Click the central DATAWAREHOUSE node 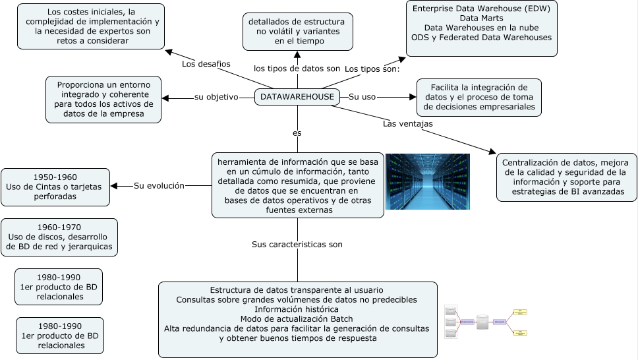pos(297,97)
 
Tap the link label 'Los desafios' pos(206,64)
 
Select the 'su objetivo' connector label pos(216,97)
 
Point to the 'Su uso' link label pos(362,97)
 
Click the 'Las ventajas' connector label pos(407,123)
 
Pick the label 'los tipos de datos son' pos(297,69)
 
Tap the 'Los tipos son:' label pos(372,69)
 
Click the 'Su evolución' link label pos(159,185)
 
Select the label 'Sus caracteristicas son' pos(297,244)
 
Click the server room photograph pos(427,181)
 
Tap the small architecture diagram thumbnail pos(486,322)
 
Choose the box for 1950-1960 pos(55,187)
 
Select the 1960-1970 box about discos pos(59,237)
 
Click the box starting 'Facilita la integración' pos(478,97)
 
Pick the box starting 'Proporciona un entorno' pos(103,99)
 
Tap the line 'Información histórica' pos(297,309)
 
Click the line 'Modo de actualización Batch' pos(297,319)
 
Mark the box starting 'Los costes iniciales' pos(90,26)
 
